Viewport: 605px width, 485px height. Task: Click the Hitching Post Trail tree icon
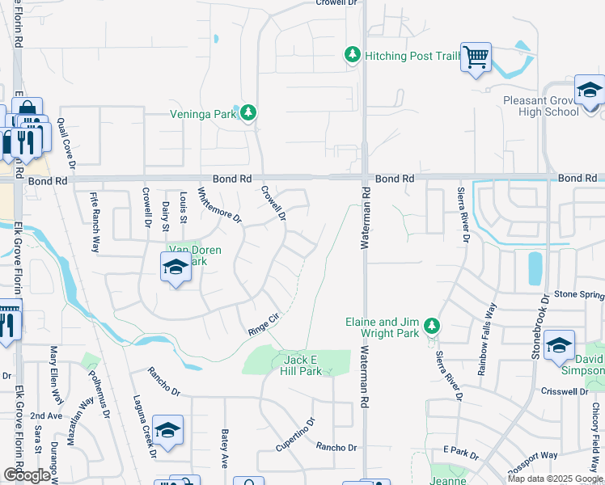point(352,55)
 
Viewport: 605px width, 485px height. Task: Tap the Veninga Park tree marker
point(249,113)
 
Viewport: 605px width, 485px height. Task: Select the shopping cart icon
point(476,57)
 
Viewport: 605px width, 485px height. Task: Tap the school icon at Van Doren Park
point(175,268)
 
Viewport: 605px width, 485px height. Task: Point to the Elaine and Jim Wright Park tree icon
point(433,326)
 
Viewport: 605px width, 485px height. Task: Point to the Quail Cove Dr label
point(71,144)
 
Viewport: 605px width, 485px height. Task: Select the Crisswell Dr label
point(567,391)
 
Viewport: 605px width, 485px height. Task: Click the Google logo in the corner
point(27,475)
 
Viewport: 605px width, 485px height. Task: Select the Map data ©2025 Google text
point(554,479)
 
